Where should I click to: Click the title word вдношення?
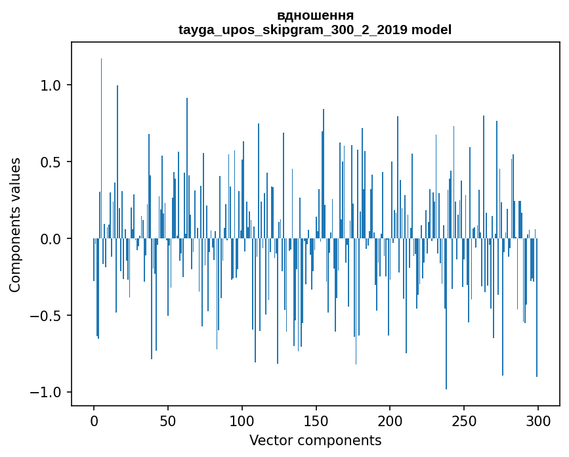(315, 15)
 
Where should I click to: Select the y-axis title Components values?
(16, 225)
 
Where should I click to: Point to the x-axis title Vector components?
(315, 441)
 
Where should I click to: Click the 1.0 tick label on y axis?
(51, 85)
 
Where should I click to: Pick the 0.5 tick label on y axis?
(51, 162)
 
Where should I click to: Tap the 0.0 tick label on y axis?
(51, 239)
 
